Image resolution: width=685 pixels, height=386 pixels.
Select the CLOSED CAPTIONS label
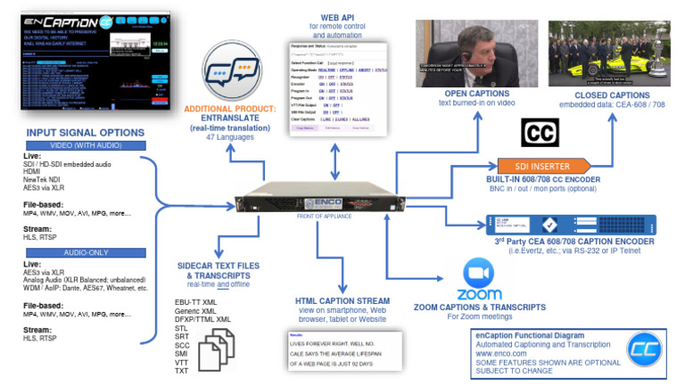pyautogui.click(x=612, y=94)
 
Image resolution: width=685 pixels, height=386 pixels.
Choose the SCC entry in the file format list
pyautogui.click(x=184, y=343)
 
